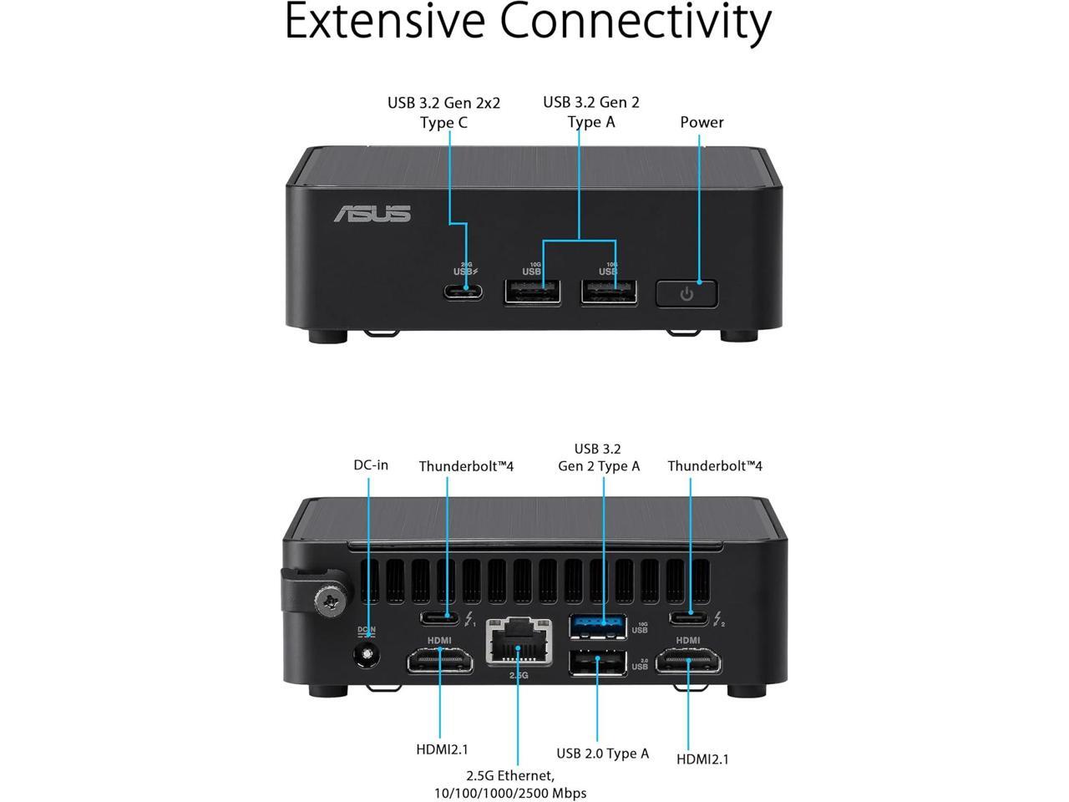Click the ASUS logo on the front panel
coord(372,214)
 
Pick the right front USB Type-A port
coord(608,292)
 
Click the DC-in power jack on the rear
coord(365,656)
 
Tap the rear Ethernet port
coord(519,643)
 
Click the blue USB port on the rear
coord(597,626)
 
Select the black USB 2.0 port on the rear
coord(597,662)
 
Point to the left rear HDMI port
coord(440,663)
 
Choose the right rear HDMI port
coord(689,663)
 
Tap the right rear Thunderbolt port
coord(689,618)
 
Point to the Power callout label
coord(702,122)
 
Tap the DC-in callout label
coord(370,464)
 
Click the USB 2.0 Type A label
coord(603,754)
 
